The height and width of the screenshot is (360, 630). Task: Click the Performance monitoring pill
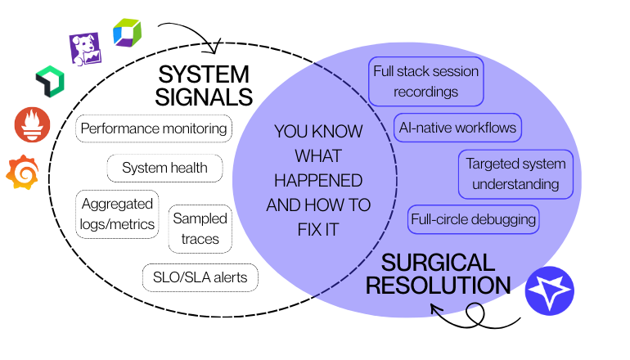tap(154, 128)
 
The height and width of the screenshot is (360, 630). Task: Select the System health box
tap(164, 168)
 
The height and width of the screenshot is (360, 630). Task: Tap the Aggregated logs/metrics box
tap(117, 214)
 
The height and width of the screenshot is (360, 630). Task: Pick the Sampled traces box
tap(200, 229)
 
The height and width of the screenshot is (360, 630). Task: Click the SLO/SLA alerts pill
tap(200, 277)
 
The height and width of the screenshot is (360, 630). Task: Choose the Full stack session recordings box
tap(426, 82)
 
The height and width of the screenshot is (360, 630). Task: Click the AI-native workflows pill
tap(457, 128)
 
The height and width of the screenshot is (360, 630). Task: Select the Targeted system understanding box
tap(516, 174)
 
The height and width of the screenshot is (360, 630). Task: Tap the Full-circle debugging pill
tap(473, 219)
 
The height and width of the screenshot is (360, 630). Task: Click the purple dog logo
tap(85, 49)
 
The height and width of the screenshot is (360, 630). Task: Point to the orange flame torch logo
tap(32, 124)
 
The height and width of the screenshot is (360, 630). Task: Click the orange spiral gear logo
tap(23, 172)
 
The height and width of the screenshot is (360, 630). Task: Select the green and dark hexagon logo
tap(50, 82)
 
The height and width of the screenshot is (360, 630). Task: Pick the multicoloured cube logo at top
tap(128, 33)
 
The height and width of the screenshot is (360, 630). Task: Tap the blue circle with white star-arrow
tap(550, 290)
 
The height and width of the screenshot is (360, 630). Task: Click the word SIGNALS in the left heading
tap(204, 97)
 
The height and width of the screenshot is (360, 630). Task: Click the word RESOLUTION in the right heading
tap(438, 286)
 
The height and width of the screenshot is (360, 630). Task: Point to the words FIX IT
tap(318, 230)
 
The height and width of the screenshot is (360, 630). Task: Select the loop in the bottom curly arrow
tap(475, 314)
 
